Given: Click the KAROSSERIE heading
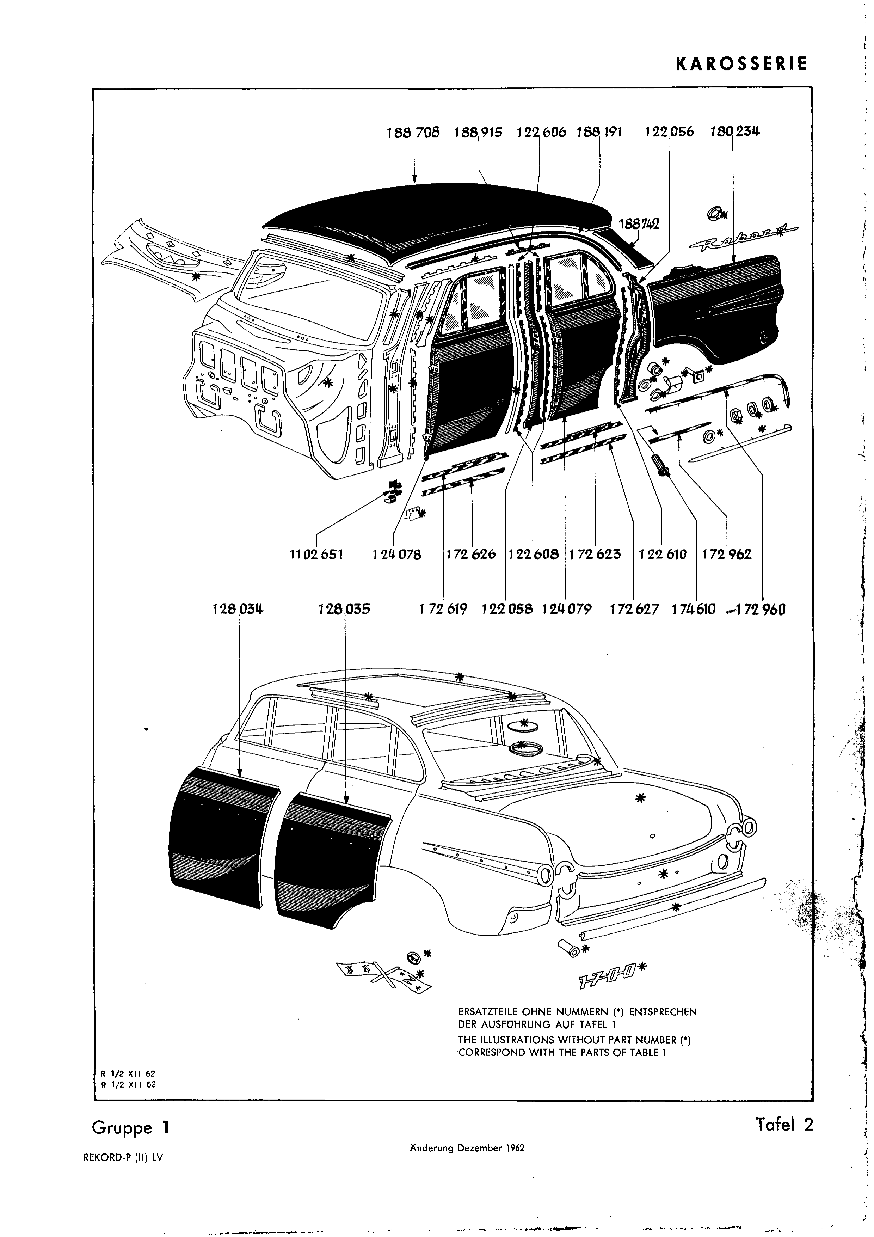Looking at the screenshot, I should pyautogui.click(x=741, y=64).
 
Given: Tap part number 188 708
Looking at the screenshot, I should pyautogui.click(x=413, y=132).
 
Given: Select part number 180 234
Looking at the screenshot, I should pyautogui.click(x=734, y=131).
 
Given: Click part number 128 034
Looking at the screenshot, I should pyautogui.click(x=238, y=610).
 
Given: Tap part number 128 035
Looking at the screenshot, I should pyautogui.click(x=344, y=610).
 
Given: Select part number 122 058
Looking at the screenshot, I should pyautogui.click(x=507, y=610).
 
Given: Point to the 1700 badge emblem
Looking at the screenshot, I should pyautogui.click(x=607, y=981).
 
